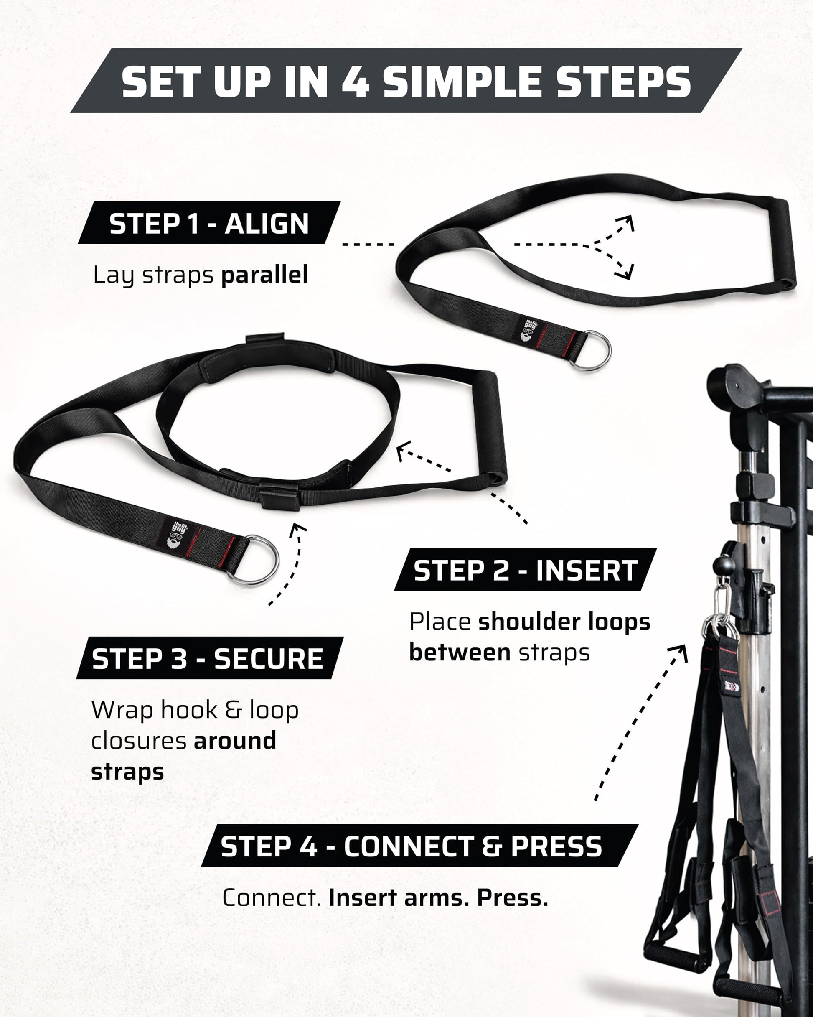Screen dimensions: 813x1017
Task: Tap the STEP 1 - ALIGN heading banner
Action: [209, 223]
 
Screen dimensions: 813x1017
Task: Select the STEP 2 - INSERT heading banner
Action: [525, 569]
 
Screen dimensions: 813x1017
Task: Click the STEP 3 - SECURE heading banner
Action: [210, 658]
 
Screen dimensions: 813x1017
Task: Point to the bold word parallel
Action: [264, 275]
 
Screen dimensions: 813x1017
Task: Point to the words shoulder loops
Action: [564, 622]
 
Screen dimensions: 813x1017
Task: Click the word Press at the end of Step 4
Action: [513, 897]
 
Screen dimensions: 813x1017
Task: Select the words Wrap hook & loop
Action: [195, 710]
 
